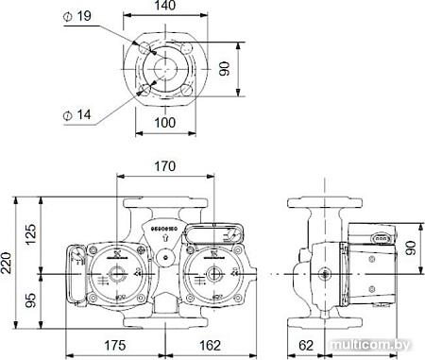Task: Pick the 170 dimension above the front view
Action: click(166, 167)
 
